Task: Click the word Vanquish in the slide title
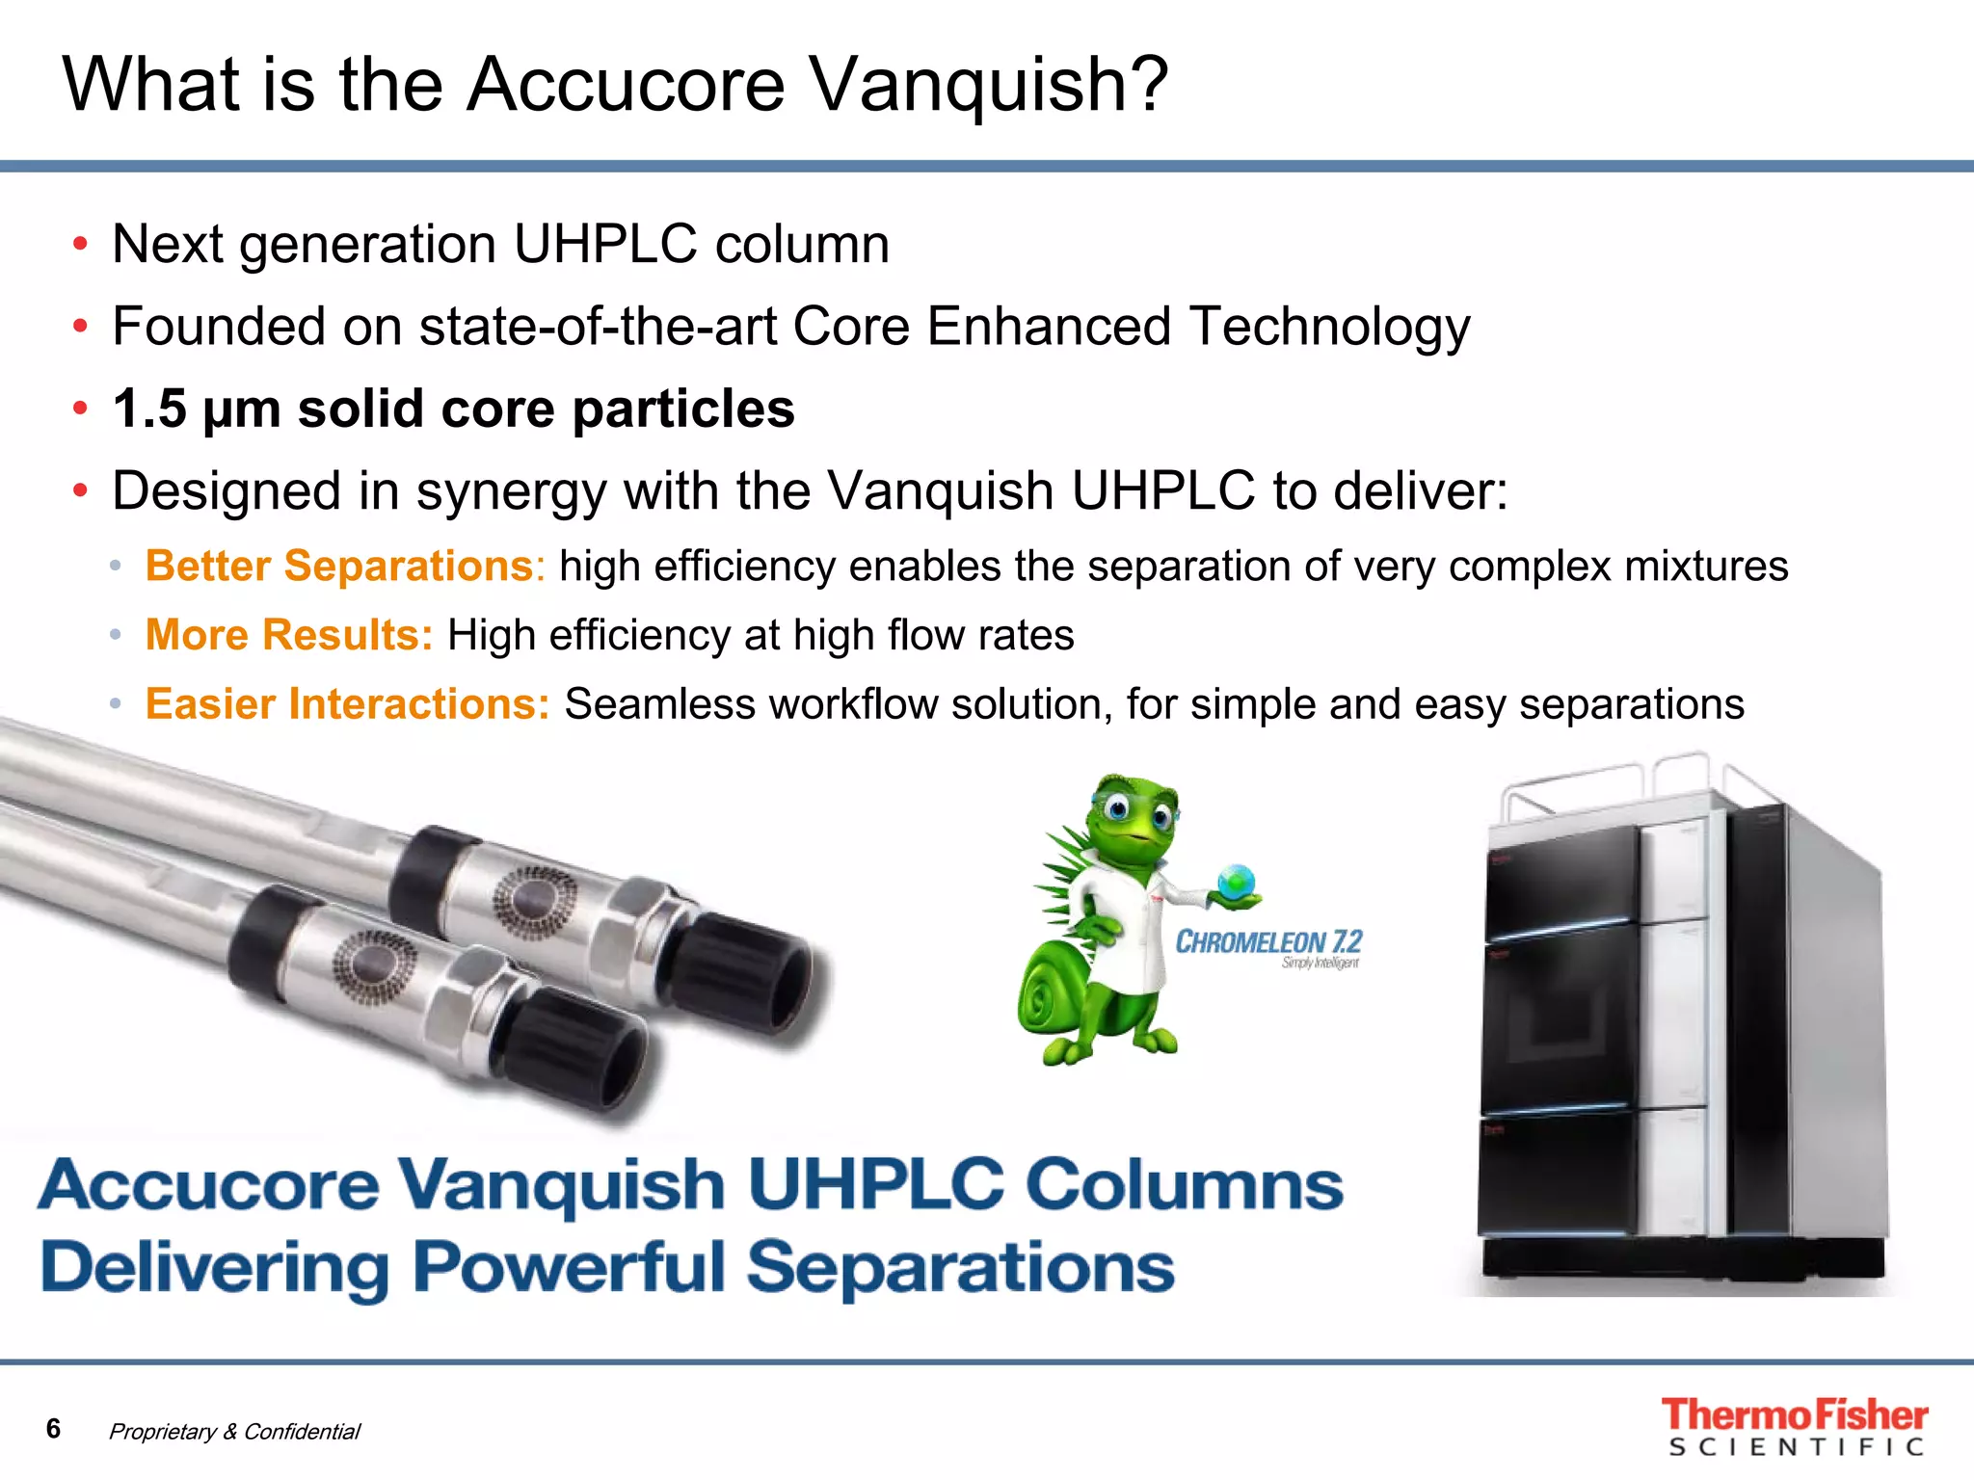pyautogui.click(x=974, y=85)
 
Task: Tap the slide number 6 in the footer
pyautogui.click(x=54, y=1428)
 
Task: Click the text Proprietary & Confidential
pyautogui.click(x=234, y=1432)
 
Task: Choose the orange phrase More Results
pyautogui.click(x=289, y=635)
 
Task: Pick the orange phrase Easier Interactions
pyautogui.click(x=347, y=704)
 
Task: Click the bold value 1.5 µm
pyautogui.click(x=197, y=409)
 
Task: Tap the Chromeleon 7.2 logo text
pyautogui.click(x=1267, y=942)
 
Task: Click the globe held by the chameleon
pyautogui.click(x=1237, y=881)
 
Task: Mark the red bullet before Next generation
pyautogui.click(x=81, y=244)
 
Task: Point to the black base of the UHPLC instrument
pyautogui.click(x=1682, y=1257)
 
